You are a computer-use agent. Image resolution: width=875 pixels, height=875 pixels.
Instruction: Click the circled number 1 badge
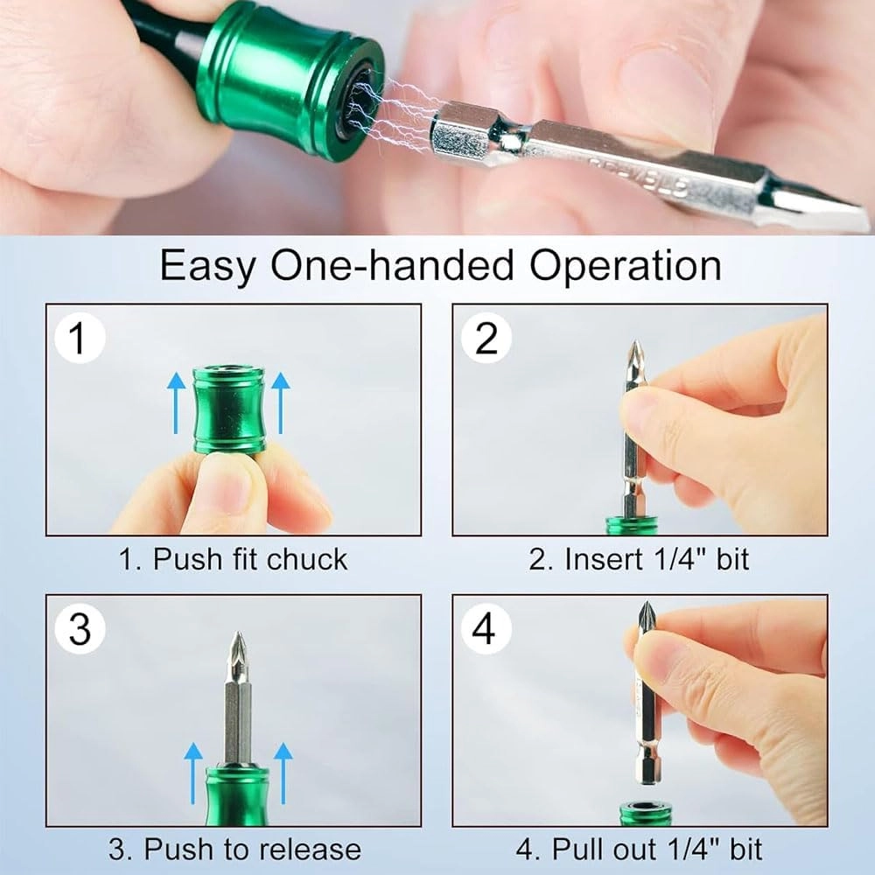[x=79, y=339]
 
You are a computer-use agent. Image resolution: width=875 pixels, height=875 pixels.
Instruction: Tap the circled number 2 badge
[x=486, y=339]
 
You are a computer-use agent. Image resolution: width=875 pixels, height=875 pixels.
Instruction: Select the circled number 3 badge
[x=79, y=629]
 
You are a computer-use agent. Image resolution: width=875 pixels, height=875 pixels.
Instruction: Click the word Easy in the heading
[x=208, y=265]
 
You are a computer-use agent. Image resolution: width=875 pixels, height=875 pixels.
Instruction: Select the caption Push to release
[x=234, y=850]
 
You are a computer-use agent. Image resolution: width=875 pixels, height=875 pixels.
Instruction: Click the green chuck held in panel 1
[x=229, y=410]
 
